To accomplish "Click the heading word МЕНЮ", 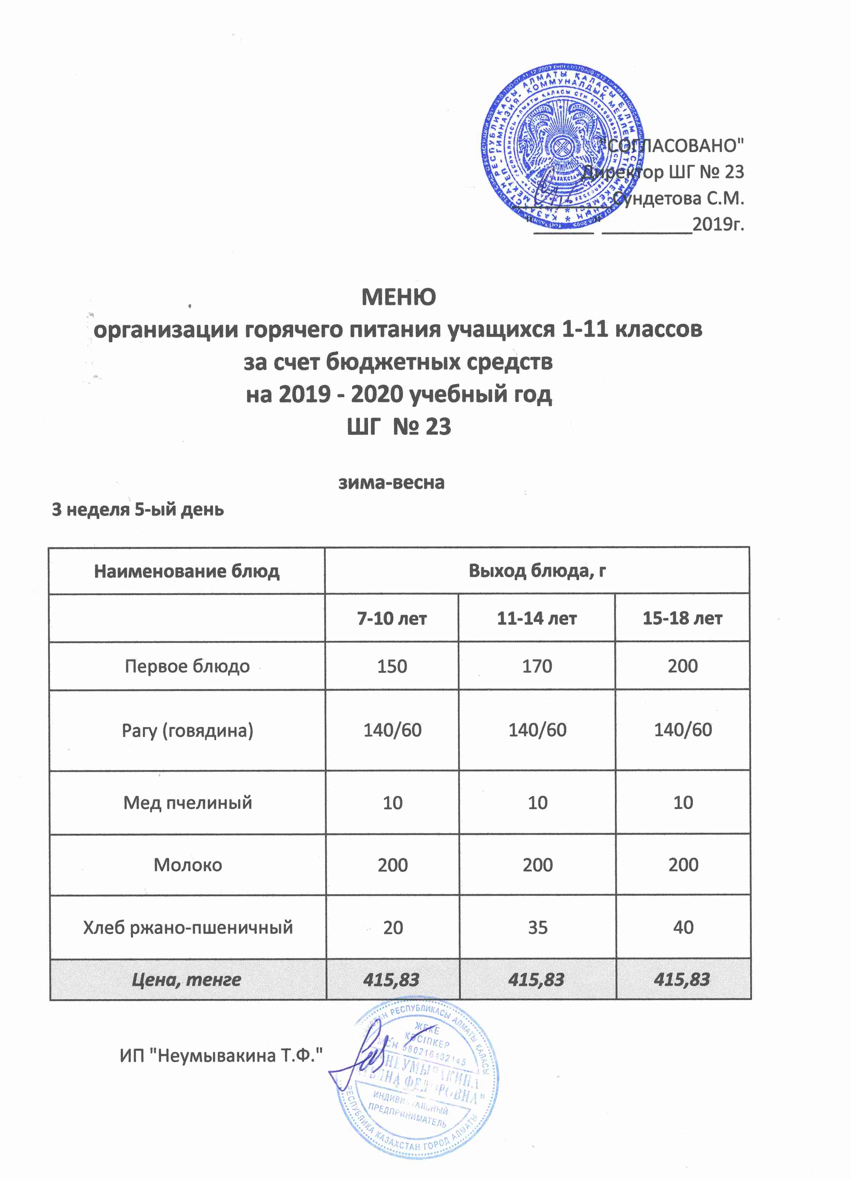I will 398,297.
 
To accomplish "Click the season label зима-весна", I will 392,482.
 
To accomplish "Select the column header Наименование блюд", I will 187,571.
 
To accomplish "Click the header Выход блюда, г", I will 537,571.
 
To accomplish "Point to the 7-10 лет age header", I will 392,619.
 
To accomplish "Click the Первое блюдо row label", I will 187,667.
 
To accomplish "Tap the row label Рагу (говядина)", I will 187,730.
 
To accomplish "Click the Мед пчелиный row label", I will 187,803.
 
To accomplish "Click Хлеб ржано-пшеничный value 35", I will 537,927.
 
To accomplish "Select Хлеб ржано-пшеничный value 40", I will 683,927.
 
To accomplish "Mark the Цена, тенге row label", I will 187,980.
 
